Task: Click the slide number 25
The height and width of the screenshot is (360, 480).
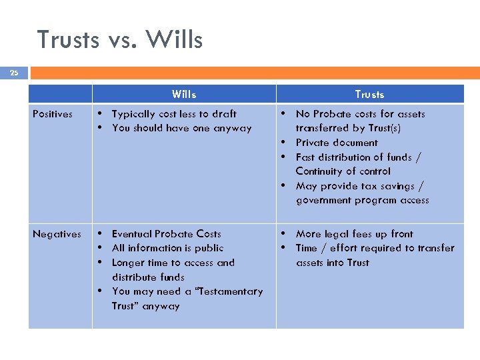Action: pos(14,73)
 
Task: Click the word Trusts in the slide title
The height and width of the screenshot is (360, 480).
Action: pos(67,40)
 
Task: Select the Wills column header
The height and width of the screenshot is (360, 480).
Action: pos(184,94)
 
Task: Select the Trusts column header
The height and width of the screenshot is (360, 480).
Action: pos(369,94)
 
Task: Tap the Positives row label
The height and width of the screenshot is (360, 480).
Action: pos(53,114)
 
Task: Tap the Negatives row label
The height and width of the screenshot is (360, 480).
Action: pos(57,234)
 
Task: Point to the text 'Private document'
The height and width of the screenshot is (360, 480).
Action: pos(337,143)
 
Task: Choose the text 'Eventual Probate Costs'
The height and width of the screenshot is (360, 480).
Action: pos(167,234)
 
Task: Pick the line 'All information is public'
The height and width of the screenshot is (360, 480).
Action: pos(167,248)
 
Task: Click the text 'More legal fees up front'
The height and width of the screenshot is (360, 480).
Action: pos(355,234)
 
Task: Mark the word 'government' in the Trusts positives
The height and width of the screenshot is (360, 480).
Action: pos(324,200)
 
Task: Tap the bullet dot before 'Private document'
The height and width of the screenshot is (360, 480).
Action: pos(283,142)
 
